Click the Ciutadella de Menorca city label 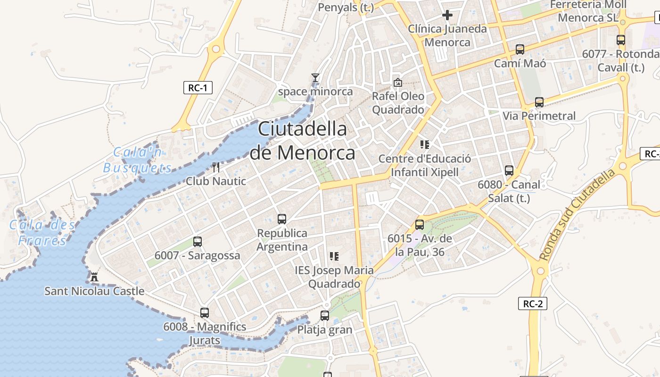302,141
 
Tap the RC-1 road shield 198,87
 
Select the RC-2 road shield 533,303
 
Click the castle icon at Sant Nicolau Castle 94,277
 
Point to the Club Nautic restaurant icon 216,167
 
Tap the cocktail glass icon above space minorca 315,77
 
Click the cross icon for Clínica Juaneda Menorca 447,15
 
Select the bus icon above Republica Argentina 282,219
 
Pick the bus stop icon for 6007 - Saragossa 198,242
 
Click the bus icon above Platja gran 325,316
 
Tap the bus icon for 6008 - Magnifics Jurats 205,312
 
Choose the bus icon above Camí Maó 520,49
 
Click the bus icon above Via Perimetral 539,102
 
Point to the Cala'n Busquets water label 137,160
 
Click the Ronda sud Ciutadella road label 577,214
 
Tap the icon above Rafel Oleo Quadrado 398,82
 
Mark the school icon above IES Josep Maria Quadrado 334,256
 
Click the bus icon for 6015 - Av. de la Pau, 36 420,225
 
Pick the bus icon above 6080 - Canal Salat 509,171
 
